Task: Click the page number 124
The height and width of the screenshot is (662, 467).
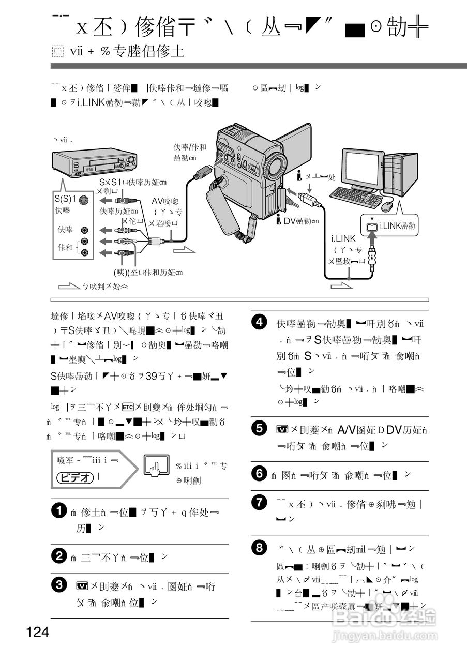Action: tap(37, 632)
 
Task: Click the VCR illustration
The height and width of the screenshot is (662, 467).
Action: tap(94, 162)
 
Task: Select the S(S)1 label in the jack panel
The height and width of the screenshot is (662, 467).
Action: tap(66, 199)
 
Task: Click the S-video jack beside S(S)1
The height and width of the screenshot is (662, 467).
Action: tap(85, 200)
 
